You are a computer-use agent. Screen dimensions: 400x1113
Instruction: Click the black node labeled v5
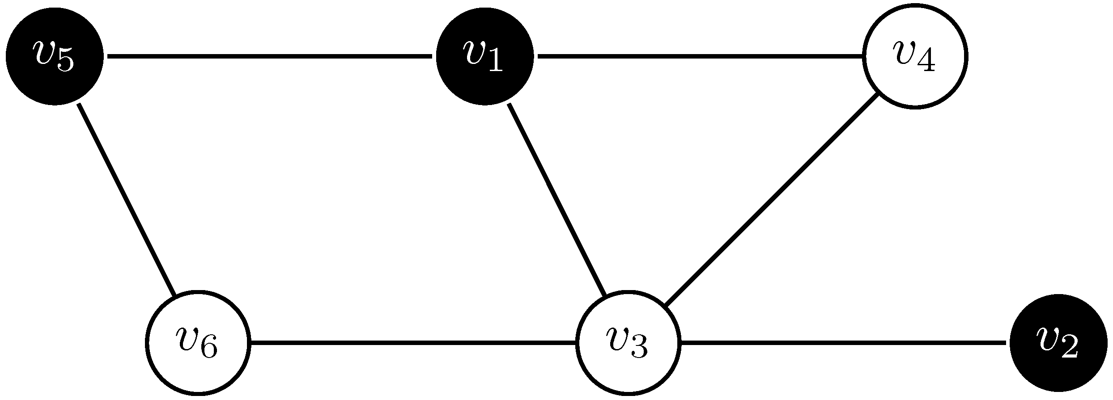[55, 56]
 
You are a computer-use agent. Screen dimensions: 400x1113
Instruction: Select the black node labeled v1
[485, 56]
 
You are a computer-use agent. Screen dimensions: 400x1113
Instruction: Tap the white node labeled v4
[915, 56]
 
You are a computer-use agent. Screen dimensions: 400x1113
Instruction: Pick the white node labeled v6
[198, 343]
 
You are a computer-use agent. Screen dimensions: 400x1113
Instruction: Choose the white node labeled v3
[629, 343]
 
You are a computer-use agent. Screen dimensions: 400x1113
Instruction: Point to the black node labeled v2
[1058, 343]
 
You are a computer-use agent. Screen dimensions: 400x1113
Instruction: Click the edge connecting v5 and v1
[268, 56]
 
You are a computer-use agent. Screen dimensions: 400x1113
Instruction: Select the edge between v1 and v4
[700, 56]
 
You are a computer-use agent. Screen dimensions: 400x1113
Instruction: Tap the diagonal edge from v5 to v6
[127, 200]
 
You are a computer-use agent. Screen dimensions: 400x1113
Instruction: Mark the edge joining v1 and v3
[557, 200]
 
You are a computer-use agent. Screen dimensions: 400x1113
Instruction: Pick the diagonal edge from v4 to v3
[772, 200]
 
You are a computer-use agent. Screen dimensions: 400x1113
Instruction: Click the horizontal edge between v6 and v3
[413, 343]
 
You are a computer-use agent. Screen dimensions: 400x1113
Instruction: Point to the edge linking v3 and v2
[843, 343]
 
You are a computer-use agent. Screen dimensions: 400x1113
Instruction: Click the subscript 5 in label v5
[65, 63]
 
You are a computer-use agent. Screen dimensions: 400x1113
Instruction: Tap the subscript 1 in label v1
[496, 63]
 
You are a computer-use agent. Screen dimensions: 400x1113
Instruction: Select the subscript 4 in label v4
[926, 63]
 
